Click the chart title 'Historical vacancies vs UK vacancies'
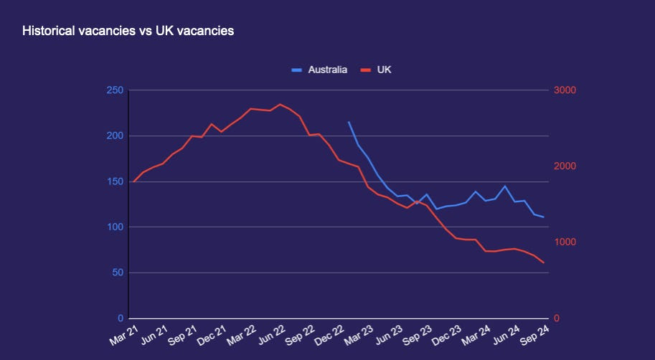pos(128,32)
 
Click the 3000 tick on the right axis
pos(565,90)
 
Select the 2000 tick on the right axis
pos(565,166)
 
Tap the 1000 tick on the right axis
pos(565,242)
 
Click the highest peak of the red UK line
pos(280,104)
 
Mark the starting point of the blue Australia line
pos(349,122)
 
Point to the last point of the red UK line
pos(544,262)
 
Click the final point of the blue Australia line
pos(544,217)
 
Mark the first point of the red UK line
pos(134,181)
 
